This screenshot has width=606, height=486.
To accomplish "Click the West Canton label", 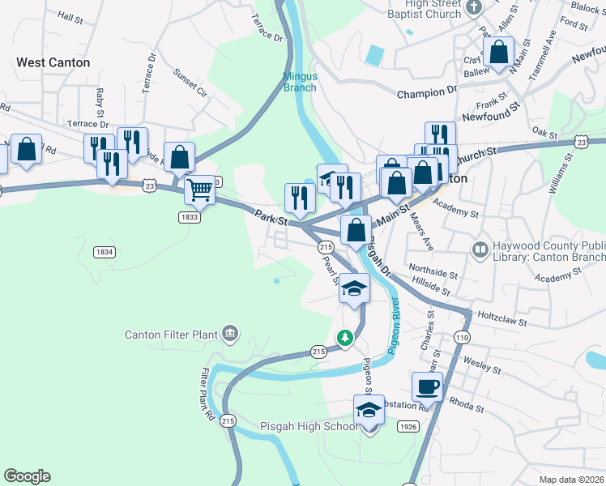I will point(53,62).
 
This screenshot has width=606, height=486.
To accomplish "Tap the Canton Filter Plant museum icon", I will point(230,333).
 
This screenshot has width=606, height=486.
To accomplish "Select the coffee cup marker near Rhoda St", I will point(426,386).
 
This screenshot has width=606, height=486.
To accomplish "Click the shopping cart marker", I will point(199,191).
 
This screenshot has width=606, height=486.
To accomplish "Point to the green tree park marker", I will point(345,337).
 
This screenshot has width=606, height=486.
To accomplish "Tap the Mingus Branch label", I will point(300,82).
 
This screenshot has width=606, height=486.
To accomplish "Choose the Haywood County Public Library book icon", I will point(480,249).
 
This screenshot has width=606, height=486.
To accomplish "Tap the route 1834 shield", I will point(103,252).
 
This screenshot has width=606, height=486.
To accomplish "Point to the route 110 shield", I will point(463,337).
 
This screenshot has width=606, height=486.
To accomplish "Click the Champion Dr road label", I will point(427,93).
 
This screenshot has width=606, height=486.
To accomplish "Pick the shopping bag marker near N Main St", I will point(499,53).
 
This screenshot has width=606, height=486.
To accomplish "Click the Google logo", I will point(27,476).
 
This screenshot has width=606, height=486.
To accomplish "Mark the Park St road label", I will point(271,218).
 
